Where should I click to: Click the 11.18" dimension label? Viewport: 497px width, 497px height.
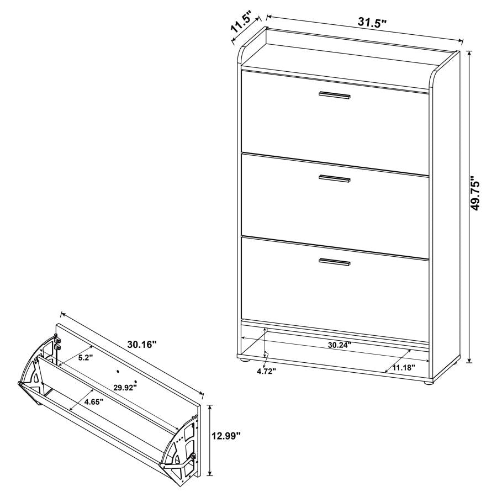pos(403,367)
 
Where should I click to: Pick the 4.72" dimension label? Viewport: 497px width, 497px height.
pos(266,371)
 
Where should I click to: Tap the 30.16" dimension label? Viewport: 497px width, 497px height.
pos(142,345)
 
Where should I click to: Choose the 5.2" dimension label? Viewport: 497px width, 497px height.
pos(84,357)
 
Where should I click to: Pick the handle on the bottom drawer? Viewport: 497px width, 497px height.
pos(334,262)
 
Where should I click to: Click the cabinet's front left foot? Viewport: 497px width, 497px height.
pos(244,361)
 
